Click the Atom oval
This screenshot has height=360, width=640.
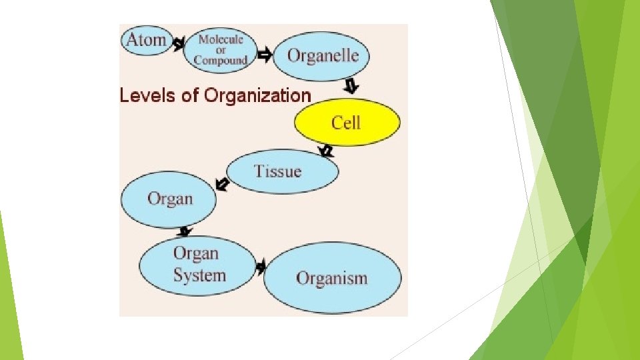coord(145,40)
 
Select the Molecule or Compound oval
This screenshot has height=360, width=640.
coord(220,47)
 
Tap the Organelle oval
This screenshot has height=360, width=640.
coord(323,55)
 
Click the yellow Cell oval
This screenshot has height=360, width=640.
coord(347,123)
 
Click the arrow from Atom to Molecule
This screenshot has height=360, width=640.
coord(178,45)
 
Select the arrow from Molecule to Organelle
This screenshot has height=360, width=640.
coord(264,56)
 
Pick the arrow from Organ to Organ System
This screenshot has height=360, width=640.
coord(186,231)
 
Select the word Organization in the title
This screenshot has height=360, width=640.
coord(257,95)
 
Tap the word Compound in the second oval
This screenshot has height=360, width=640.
coord(220,61)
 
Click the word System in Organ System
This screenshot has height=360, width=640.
coord(199,275)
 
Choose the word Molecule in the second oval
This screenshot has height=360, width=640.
coord(221,39)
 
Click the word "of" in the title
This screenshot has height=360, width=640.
coord(191,95)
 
